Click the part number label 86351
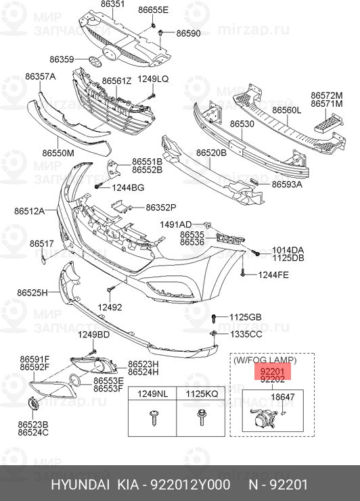point(112,4)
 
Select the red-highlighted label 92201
point(273,372)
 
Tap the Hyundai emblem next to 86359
point(95,61)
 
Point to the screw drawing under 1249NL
point(153,418)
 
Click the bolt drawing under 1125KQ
point(202,417)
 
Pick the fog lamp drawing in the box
point(262,419)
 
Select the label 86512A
point(29,211)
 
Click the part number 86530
point(242,124)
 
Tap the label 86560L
point(287,110)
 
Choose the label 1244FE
point(273,275)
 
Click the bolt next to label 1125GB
point(214,318)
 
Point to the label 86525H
point(32,292)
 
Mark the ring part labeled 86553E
point(76,380)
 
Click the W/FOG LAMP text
point(265,360)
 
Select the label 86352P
point(161,208)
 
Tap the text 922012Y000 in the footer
point(190,485)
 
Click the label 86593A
point(287,185)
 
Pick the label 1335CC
point(246,334)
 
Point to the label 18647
point(283,397)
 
